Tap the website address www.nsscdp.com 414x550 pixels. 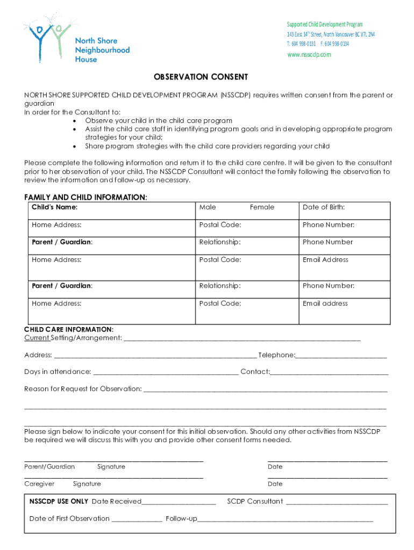coord(309,55)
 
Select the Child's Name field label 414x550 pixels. coord(54,207)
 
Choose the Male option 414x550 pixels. coord(208,207)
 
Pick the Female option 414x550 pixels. coord(262,207)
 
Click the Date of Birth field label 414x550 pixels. coord(324,207)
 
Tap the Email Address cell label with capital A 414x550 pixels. coord(325,259)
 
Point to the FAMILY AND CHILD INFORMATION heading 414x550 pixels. coord(85,197)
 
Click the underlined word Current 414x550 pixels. coord(37,338)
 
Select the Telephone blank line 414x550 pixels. coord(341,356)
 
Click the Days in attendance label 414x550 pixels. coord(58,372)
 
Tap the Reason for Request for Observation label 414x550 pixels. coord(83,388)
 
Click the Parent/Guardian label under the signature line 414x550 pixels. coord(49,467)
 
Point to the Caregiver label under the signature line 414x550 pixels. coord(39,484)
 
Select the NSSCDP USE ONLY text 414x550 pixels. coord(59,501)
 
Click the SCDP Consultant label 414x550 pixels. coord(255,501)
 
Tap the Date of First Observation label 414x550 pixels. coord(69,518)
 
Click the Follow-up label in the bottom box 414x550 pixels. coord(181,518)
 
